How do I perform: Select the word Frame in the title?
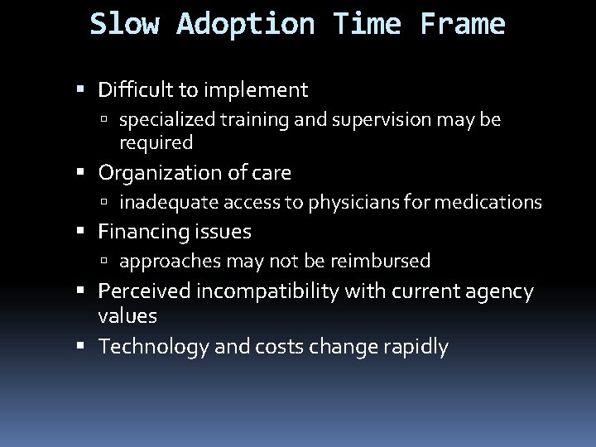461,24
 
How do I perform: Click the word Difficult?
137,89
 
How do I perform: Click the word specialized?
166,121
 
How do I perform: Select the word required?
156,143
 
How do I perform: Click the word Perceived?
142,291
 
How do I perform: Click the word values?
127,316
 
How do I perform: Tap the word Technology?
146,347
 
